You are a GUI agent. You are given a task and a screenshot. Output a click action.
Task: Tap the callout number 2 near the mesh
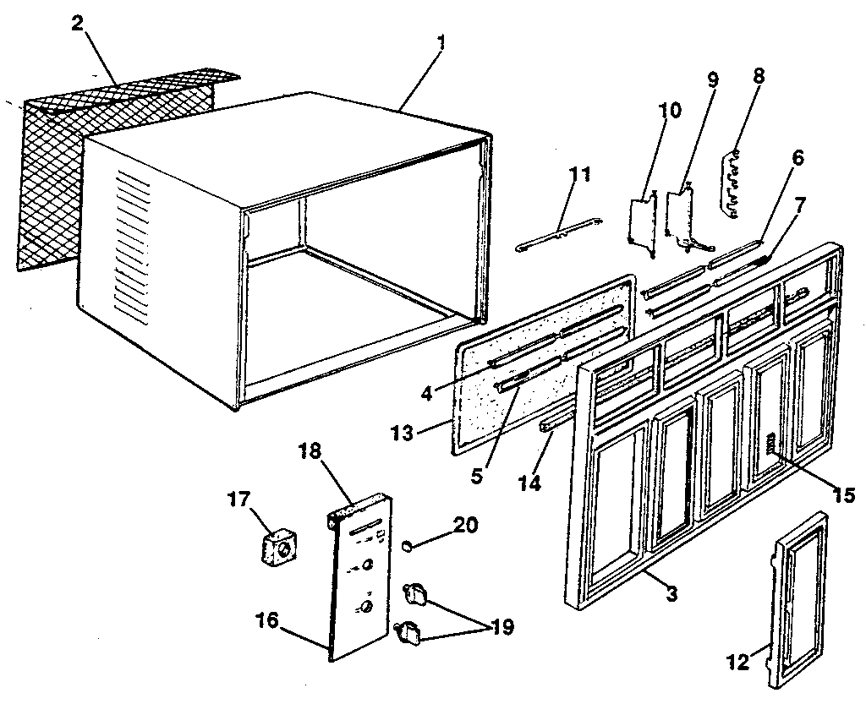[x=77, y=23]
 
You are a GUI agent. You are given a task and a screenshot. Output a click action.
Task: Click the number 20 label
[x=465, y=526]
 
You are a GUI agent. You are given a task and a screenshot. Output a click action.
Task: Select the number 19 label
[x=502, y=628]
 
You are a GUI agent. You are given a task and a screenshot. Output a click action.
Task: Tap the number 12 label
[x=738, y=662]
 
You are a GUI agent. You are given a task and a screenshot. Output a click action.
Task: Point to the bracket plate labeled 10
[x=644, y=224]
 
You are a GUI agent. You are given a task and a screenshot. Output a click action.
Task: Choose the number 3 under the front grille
[x=671, y=594]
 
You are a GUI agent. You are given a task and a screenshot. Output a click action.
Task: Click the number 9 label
[x=712, y=80]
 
